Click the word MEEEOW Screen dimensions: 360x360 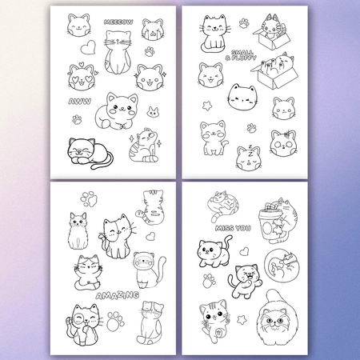[x=118, y=22]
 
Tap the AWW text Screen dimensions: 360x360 [x=79, y=102]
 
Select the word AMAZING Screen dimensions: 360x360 [x=118, y=295]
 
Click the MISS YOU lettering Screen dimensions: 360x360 [x=233, y=228]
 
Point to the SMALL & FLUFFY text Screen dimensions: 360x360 [x=241, y=55]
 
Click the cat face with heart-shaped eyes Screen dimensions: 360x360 [x=82, y=77]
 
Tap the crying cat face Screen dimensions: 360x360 [x=152, y=30]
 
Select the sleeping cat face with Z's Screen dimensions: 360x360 [x=249, y=158]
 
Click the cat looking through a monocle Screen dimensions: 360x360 [x=84, y=325]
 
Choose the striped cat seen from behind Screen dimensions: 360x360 [x=150, y=206]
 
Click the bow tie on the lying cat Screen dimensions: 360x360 [x=122, y=126]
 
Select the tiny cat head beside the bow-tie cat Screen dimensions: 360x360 [x=153, y=112]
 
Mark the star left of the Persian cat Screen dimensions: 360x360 [x=242, y=320]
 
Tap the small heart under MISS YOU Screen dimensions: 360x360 [x=244, y=251]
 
